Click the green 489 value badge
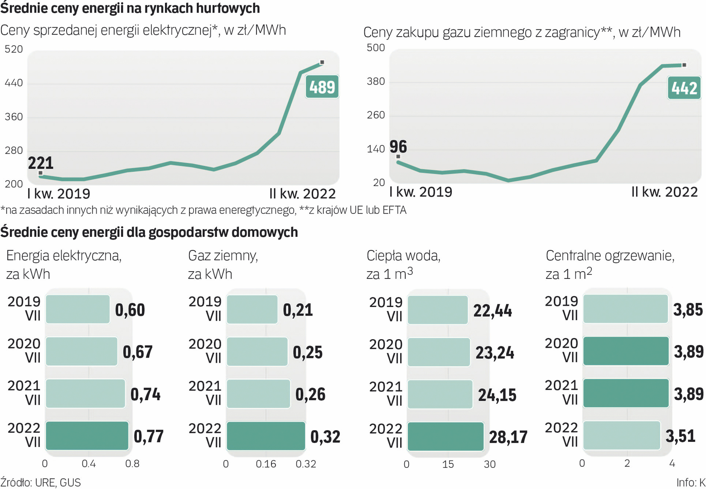tap(322, 87)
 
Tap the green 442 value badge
tap(684, 88)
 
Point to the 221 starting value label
tap(41, 163)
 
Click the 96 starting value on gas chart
tap(398, 147)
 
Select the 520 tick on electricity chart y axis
tap(14, 49)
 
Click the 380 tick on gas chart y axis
tap(376, 81)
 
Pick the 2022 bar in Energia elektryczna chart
tap(87, 436)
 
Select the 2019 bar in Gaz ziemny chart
tap(252, 310)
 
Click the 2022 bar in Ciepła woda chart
tap(445, 436)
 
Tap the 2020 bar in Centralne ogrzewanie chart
tap(626, 351)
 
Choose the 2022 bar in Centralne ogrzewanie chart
tap(621, 436)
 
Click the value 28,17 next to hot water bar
tap(508, 437)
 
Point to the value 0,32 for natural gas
tap(325, 436)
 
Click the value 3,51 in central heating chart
tap(680, 436)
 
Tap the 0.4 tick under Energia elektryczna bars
tap(89, 464)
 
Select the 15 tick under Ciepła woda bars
tap(448, 464)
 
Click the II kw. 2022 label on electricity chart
tap(302, 194)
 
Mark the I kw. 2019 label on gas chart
tap(421, 192)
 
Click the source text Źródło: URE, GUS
tap(40, 482)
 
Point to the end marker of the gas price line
tap(684, 65)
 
